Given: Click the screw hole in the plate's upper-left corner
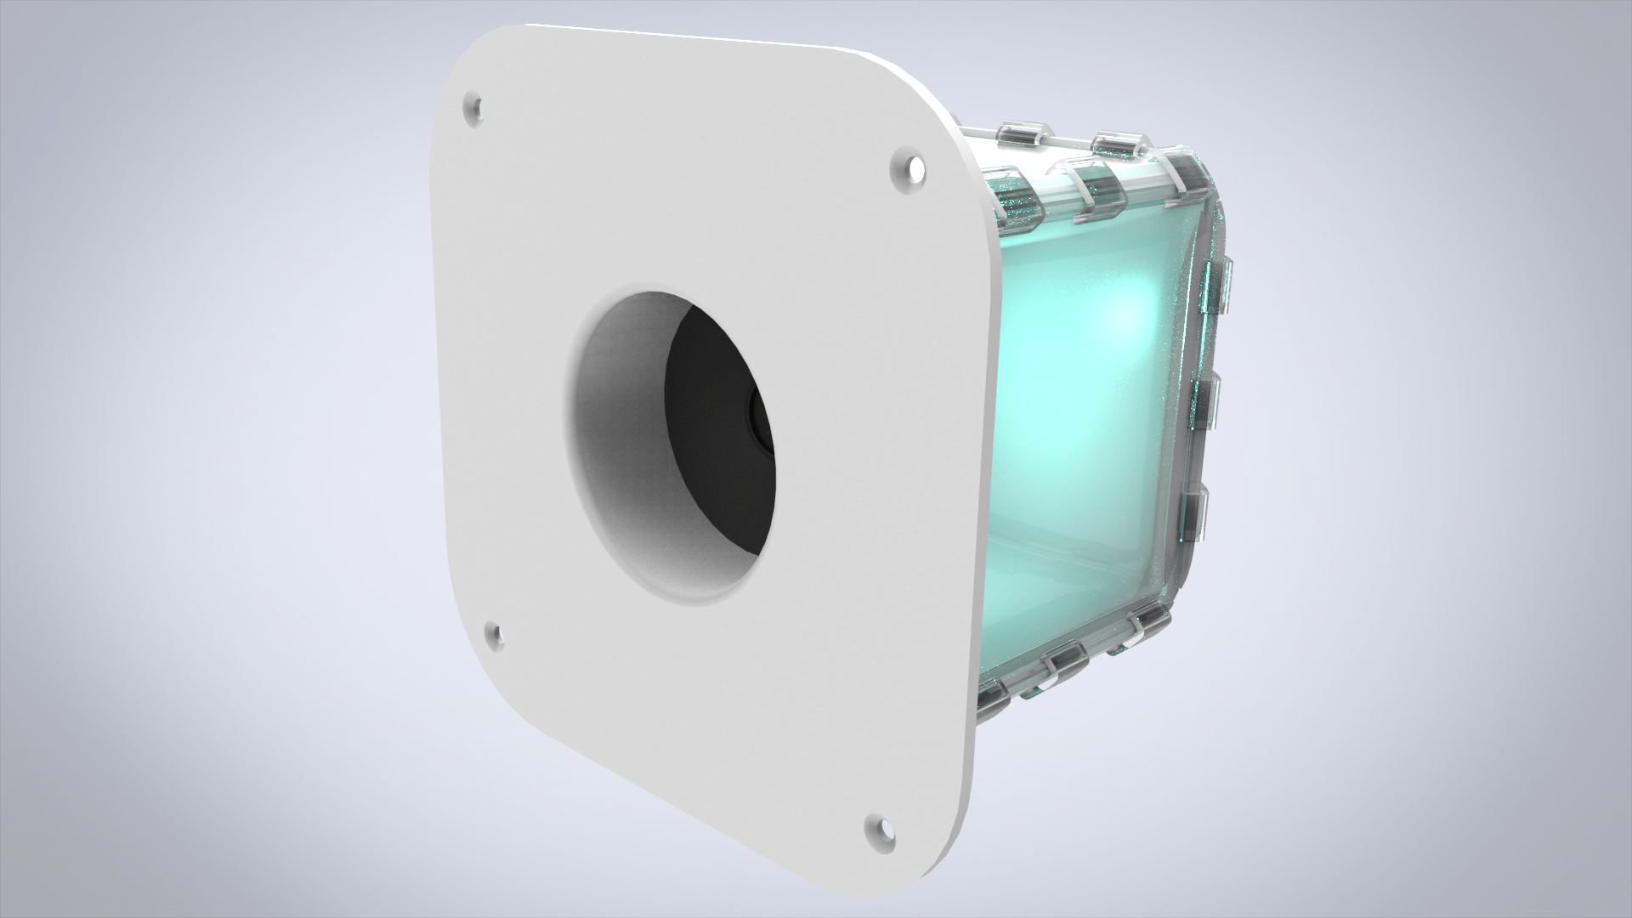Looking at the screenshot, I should pos(474,108).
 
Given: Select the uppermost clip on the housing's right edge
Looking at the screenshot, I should pos(1217,280).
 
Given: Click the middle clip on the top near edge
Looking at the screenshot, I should pos(1099,190).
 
